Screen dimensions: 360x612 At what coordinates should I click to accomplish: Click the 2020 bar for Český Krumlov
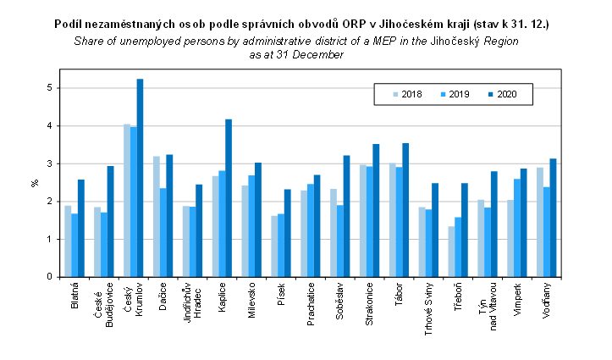141,178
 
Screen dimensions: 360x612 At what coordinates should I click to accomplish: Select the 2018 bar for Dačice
157,216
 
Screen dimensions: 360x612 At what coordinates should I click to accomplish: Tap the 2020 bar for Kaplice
229,198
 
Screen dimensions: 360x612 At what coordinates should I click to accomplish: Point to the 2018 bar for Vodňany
540,222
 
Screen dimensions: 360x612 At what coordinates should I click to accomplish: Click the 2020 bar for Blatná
81,228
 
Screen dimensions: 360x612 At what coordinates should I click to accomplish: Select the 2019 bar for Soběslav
339,241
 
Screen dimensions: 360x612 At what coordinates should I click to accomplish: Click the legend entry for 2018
405,93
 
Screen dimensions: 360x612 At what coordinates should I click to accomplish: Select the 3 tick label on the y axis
50,163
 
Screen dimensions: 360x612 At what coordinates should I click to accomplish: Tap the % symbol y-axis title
35,181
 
